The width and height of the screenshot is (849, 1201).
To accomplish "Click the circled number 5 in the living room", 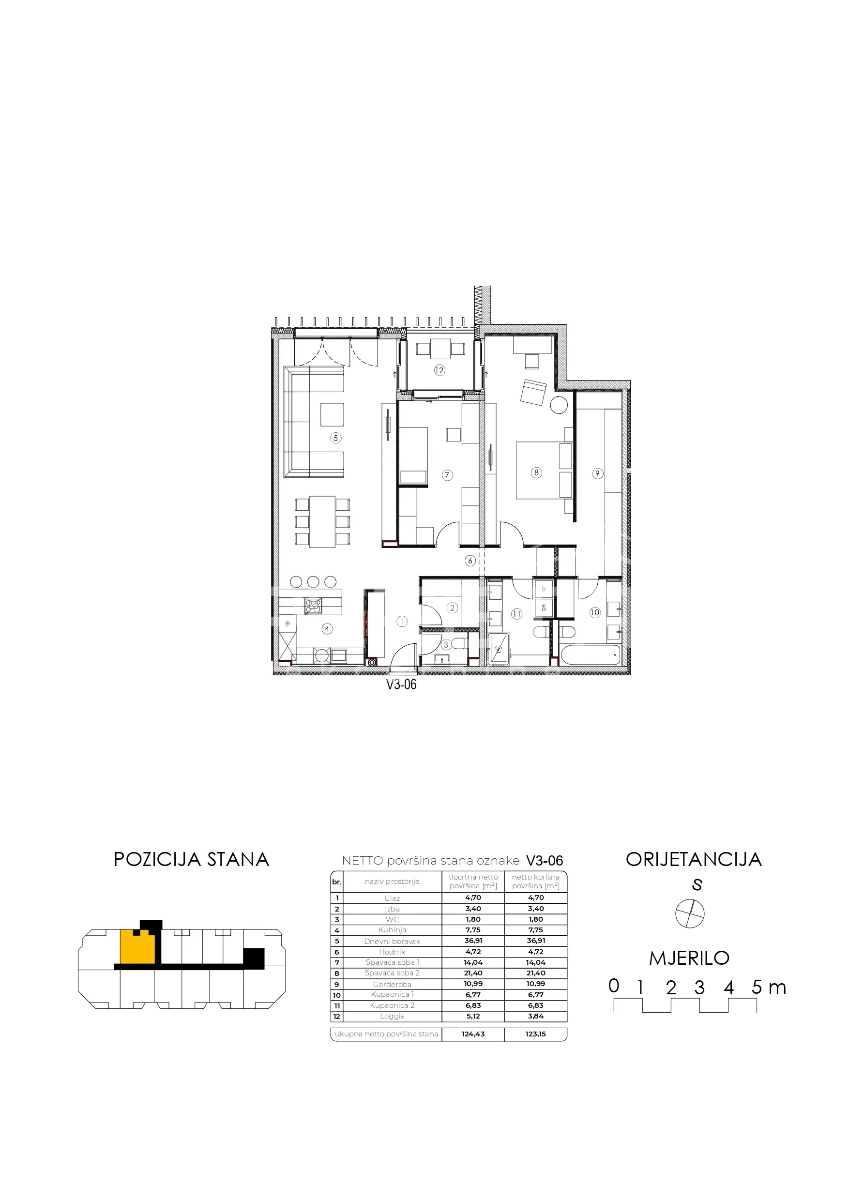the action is click(336, 438).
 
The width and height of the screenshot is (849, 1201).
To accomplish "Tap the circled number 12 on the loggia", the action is click(440, 370).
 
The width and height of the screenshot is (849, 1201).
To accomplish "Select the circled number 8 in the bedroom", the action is click(536, 472).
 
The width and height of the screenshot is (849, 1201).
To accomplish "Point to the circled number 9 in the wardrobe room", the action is click(597, 473).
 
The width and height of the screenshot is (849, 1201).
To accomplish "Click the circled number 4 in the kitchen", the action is click(327, 629).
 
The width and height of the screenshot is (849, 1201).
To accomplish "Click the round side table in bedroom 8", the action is click(559, 405).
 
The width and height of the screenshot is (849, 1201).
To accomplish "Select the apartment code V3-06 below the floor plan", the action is click(401, 684).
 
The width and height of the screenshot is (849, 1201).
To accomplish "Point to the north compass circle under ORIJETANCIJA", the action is click(690, 914).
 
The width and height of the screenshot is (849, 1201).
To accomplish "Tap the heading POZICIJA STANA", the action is click(192, 859).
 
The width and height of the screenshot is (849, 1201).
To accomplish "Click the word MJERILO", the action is click(689, 958).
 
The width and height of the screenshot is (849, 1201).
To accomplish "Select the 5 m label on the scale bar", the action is click(769, 987).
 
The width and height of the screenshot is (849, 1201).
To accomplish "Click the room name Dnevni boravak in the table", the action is click(393, 942).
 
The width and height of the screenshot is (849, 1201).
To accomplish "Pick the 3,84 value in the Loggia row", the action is click(536, 1017).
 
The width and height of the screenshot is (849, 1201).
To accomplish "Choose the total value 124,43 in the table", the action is click(473, 1034).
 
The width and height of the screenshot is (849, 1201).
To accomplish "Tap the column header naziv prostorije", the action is click(393, 882).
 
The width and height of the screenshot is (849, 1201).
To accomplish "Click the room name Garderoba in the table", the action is click(393, 985).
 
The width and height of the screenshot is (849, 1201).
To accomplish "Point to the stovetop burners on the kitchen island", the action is click(313, 606).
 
